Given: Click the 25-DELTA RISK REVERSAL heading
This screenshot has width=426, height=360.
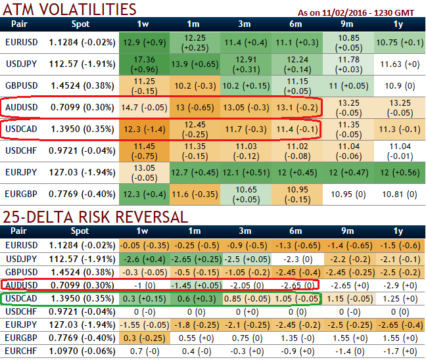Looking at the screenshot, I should pos(95,217).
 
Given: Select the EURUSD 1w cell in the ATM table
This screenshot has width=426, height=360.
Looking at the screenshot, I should pos(143,43).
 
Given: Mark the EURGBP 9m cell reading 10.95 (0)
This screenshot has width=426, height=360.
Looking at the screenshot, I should pos(347,195).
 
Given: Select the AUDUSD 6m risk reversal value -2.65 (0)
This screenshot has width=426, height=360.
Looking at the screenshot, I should pos(295,284).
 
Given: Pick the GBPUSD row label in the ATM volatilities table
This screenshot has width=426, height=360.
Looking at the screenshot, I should pos(20,85).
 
